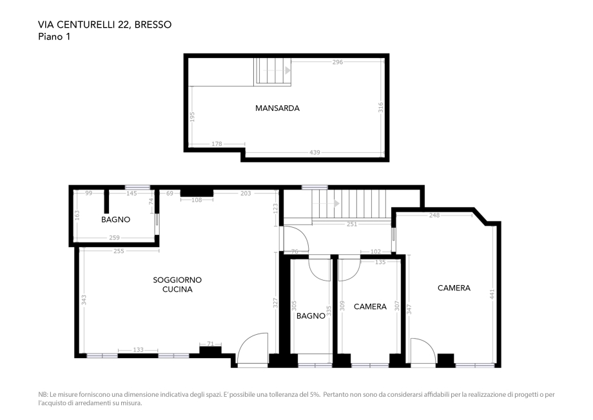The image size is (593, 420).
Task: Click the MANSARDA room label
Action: tap(277, 108)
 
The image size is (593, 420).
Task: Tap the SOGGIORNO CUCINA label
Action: tap(177, 285)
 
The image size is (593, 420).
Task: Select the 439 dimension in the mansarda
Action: tap(315, 152)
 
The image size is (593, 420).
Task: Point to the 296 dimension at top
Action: tap(337, 63)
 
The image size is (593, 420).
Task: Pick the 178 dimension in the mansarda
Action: tap(217, 144)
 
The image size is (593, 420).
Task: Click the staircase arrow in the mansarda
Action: tap(287, 70)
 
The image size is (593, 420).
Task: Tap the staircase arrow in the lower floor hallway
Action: tap(335, 204)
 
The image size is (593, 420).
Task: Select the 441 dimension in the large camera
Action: tap(492, 294)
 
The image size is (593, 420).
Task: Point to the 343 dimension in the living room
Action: tap(84, 300)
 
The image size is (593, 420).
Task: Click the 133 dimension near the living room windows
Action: tap(138, 350)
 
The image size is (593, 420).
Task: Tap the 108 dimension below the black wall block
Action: tap(197, 200)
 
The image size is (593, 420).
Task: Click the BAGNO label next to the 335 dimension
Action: tap(311, 315)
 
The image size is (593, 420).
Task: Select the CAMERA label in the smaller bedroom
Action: tap(370, 306)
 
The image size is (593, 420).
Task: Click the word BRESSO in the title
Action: tap(153, 25)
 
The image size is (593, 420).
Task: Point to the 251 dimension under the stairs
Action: tap(351, 224)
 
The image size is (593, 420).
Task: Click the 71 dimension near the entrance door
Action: tap(210, 344)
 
